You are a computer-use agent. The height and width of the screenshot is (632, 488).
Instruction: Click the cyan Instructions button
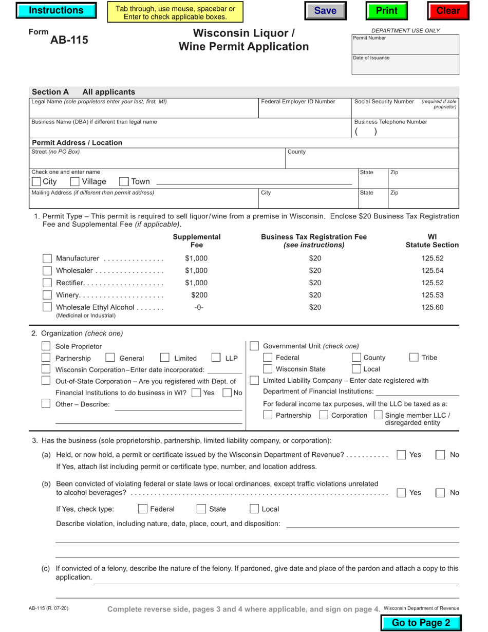[56, 11]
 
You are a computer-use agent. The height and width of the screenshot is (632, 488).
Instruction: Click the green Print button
[386, 11]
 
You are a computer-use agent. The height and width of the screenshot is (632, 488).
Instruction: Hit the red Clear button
[448, 11]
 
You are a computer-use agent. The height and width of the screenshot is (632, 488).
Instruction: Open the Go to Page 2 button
[421, 623]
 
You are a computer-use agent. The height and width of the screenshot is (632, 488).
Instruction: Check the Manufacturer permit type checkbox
[47, 258]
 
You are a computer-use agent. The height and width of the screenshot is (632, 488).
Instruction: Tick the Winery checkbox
[47, 295]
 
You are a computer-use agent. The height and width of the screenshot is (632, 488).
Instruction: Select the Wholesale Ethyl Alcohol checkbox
[47, 307]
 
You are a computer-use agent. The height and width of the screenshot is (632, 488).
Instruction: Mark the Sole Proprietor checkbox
[46, 346]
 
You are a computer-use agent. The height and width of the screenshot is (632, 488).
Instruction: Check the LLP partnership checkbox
[216, 358]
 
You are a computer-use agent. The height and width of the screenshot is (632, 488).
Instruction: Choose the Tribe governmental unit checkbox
[414, 358]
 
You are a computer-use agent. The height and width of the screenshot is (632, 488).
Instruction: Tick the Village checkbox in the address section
[74, 181]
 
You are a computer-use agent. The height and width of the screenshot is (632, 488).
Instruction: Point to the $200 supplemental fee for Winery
[199, 295]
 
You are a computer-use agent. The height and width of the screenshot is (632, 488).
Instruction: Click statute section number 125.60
[432, 307]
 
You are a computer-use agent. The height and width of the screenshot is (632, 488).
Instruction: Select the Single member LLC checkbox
[378, 415]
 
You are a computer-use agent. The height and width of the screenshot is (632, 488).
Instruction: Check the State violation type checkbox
[201, 509]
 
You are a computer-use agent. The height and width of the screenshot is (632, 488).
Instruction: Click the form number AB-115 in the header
[69, 40]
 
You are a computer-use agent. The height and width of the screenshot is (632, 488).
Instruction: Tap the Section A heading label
[50, 92]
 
